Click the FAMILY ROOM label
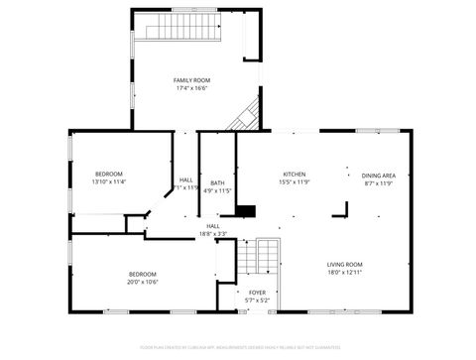click(192, 80)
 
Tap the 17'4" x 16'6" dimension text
click(192, 88)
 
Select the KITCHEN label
click(295, 174)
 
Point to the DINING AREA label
click(379, 175)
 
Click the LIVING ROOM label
click(345, 264)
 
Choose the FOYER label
click(257, 293)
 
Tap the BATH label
click(217, 183)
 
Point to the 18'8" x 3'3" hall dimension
click(213, 234)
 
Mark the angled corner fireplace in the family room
click(244, 116)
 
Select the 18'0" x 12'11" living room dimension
click(345, 272)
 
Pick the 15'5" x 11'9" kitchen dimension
click(295, 182)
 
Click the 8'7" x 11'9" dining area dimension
click(379, 182)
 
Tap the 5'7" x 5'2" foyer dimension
click(257, 300)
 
